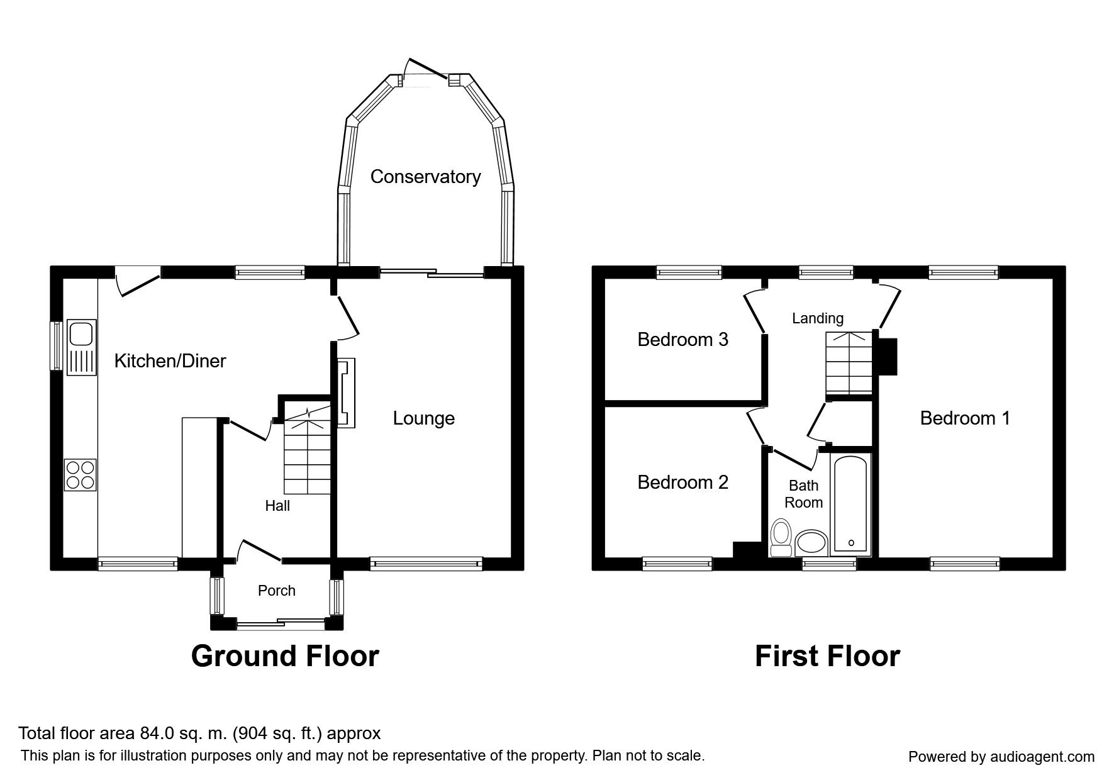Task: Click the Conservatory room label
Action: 425,177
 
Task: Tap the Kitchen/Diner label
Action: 170,361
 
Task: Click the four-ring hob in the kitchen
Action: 81,475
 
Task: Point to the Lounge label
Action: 424,419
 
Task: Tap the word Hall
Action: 277,505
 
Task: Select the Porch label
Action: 277,591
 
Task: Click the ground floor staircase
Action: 307,450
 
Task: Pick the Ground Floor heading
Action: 285,655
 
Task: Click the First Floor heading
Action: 827,655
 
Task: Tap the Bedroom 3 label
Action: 683,340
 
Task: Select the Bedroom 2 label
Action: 683,482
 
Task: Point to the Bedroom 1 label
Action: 965,418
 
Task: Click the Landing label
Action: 818,318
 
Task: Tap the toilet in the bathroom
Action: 781,538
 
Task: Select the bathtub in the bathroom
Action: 850,506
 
